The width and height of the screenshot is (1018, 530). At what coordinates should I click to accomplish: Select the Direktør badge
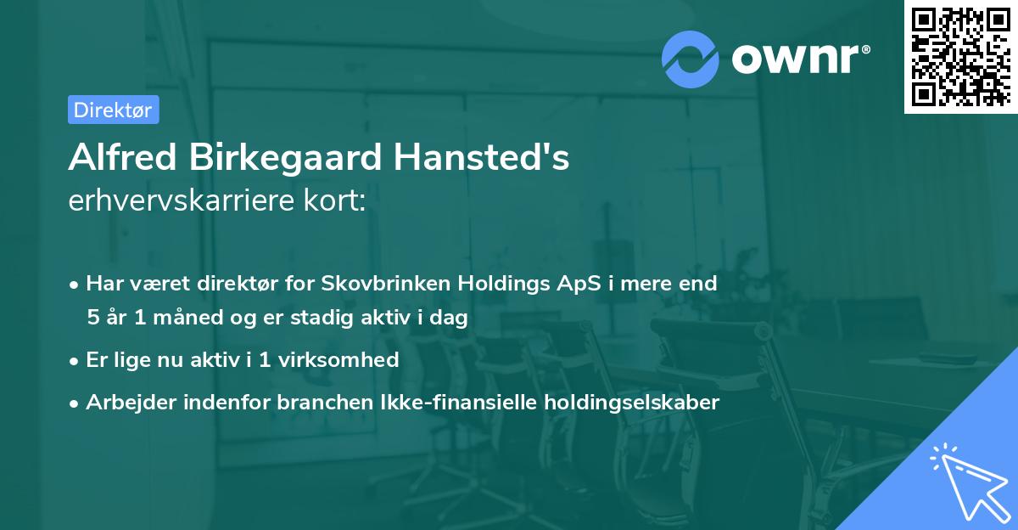(x=113, y=110)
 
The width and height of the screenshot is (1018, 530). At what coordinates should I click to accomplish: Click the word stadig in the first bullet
(x=322, y=318)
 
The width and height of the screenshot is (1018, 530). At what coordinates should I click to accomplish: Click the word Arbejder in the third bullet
(x=126, y=403)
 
